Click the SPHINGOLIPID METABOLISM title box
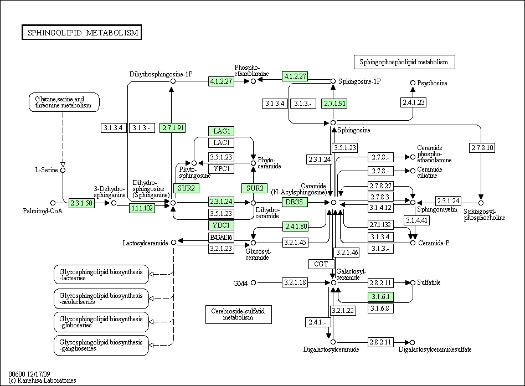(x=82, y=32)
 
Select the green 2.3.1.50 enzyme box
(x=81, y=203)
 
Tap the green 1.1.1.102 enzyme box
(x=142, y=208)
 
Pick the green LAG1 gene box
(x=222, y=131)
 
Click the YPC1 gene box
(x=222, y=169)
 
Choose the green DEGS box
(x=294, y=202)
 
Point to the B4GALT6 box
(x=222, y=238)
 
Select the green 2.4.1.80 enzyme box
(x=296, y=227)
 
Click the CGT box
(x=321, y=264)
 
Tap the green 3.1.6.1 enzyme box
(x=380, y=297)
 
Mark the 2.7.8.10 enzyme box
(x=482, y=148)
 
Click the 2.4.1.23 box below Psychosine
(x=414, y=102)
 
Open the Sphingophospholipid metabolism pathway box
(x=404, y=62)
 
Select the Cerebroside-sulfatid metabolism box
(x=238, y=315)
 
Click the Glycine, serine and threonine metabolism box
(x=64, y=102)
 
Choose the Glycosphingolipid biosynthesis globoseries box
(x=101, y=322)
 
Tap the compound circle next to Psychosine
(x=413, y=83)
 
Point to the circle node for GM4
(x=254, y=283)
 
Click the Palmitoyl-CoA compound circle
(x=53, y=203)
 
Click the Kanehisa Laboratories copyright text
(x=42, y=380)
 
